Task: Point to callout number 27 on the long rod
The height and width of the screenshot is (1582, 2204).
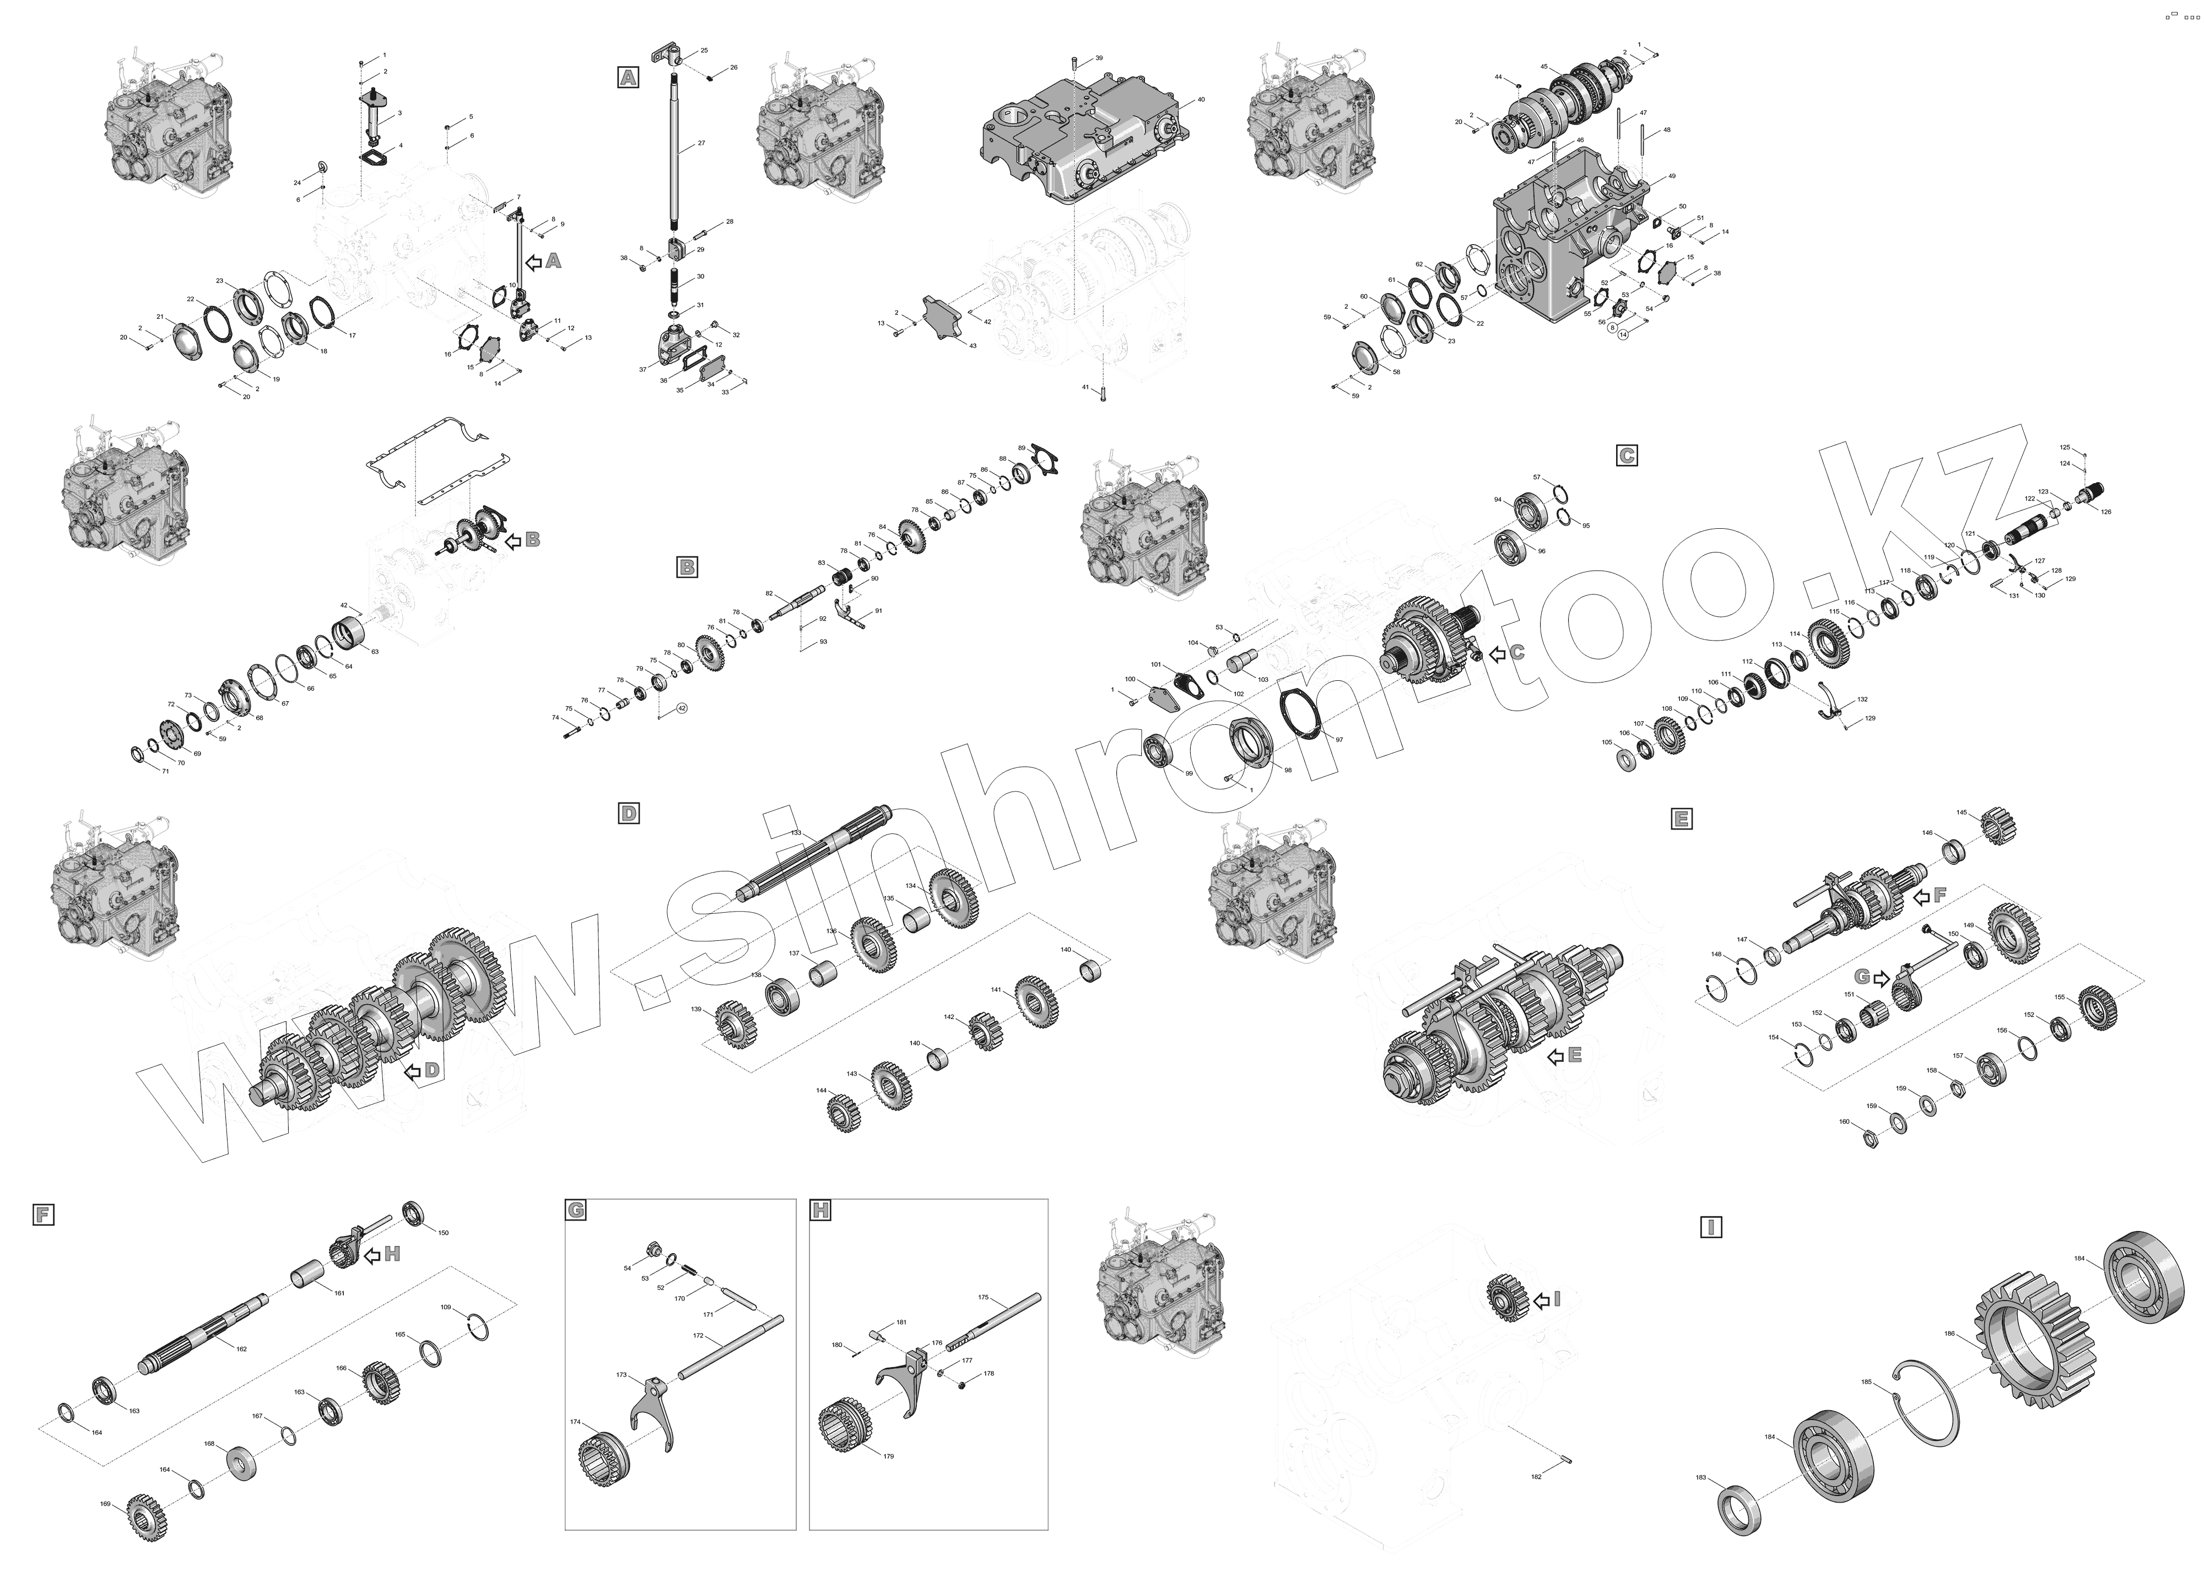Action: [701, 144]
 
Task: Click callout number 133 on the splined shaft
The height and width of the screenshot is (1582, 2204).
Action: [796, 833]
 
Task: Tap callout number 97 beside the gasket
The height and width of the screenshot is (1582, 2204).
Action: [1339, 740]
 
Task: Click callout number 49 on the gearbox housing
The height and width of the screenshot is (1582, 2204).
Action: [1672, 176]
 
